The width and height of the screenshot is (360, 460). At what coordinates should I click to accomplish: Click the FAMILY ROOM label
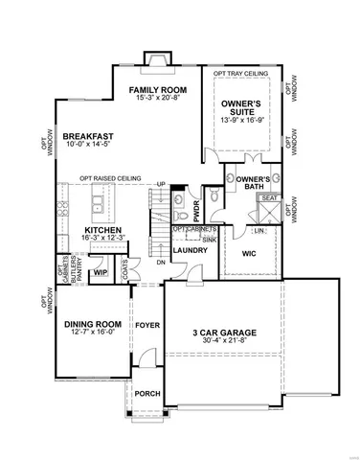(x=158, y=89)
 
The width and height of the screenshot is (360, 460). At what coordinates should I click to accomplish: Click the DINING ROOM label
(x=90, y=324)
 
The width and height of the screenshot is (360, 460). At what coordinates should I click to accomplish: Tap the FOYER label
(x=146, y=325)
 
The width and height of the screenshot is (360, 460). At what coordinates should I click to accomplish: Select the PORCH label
(x=146, y=393)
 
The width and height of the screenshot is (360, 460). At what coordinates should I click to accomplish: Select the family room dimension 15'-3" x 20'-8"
(x=158, y=99)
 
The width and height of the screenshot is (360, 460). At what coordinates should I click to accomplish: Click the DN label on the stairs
(x=161, y=262)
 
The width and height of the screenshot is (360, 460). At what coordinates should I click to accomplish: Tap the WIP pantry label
(x=100, y=273)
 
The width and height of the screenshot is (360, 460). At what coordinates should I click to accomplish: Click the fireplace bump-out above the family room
(x=154, y=58)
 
